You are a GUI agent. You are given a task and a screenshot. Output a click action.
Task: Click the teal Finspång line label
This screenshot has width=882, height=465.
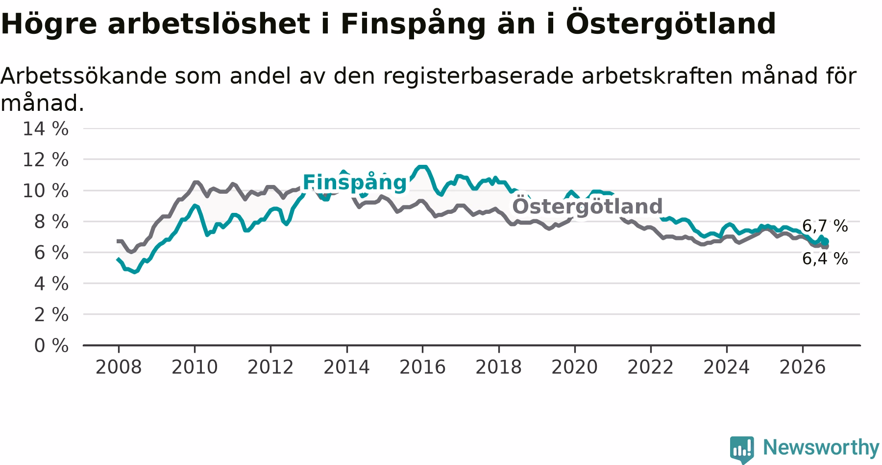(x=355, y=183)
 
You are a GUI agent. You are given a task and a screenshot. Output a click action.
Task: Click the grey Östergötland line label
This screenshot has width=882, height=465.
(x=587, y=207)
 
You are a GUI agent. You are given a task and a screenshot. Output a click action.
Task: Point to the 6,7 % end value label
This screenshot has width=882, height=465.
(x=825, y=226)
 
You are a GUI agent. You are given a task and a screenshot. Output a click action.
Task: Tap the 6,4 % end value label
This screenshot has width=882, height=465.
(x=825, y=258)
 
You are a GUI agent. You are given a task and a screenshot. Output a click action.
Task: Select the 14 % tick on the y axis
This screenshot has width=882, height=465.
(x=46, y=129)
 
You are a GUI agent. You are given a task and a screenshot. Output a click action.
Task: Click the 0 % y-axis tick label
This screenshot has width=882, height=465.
(x=51, y=346)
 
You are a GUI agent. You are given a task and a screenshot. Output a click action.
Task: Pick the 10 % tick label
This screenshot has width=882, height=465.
(x=46, y=191)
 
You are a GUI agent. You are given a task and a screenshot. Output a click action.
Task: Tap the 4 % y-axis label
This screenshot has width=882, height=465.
(x=51, y=284)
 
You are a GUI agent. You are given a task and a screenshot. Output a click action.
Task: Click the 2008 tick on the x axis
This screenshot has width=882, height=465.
(x=118, y=367)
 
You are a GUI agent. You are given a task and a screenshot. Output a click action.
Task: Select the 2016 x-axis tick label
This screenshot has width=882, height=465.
(x=422, y=367)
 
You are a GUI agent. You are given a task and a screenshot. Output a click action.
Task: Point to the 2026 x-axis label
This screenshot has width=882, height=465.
(x=803, y=367)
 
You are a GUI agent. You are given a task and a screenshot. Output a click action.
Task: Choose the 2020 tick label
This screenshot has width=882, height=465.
(x=574, y=367)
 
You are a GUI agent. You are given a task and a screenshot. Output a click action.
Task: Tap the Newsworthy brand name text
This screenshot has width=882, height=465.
(x=821, y=447)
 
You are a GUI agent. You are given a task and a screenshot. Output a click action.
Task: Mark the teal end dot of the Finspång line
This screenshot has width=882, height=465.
(x=826, y=241)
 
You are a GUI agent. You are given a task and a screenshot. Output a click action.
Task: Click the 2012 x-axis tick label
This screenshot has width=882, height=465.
(x=270, y=367)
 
